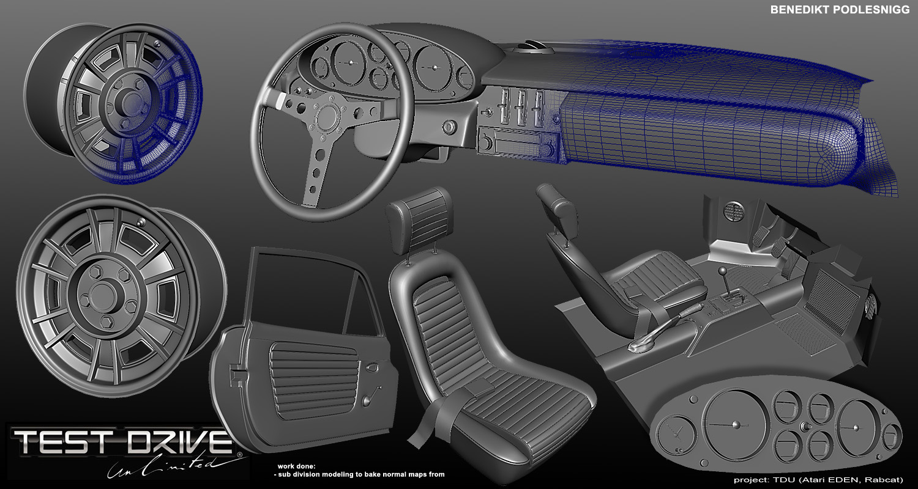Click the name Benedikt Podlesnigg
[840, 10]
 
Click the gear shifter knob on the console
[723, 271]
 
